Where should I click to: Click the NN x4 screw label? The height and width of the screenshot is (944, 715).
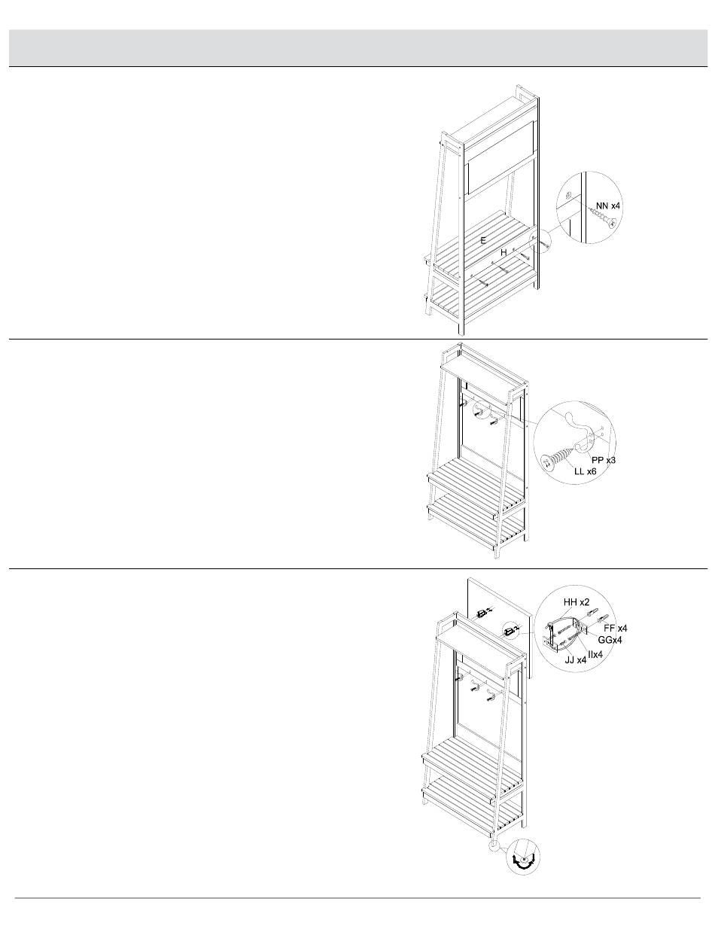pos(608,206)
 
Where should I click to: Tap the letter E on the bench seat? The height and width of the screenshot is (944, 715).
pos(483,240)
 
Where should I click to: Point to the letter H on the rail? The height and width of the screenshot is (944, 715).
pos(504,252)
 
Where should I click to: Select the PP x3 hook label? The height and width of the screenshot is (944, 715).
pos(603,460)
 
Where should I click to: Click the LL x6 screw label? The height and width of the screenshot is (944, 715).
pos(585,471)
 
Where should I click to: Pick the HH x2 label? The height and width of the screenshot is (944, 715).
pos(576,602)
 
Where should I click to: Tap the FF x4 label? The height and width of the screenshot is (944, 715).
pos(615,629)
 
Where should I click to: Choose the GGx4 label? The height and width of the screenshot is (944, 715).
pos(610,640)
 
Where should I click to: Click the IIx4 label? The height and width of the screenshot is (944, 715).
pos(595,655)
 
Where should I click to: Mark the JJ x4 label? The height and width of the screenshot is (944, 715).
pos(575,659)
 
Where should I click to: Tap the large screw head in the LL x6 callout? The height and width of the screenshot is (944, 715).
pos(548,464)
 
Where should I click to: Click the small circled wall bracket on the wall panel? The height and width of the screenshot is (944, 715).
pos(511,631)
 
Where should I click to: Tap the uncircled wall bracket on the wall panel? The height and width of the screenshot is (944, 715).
pos(484,612)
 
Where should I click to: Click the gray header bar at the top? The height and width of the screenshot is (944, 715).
pos(357,47)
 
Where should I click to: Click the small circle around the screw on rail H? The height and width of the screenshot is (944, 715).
pos(540,241)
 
